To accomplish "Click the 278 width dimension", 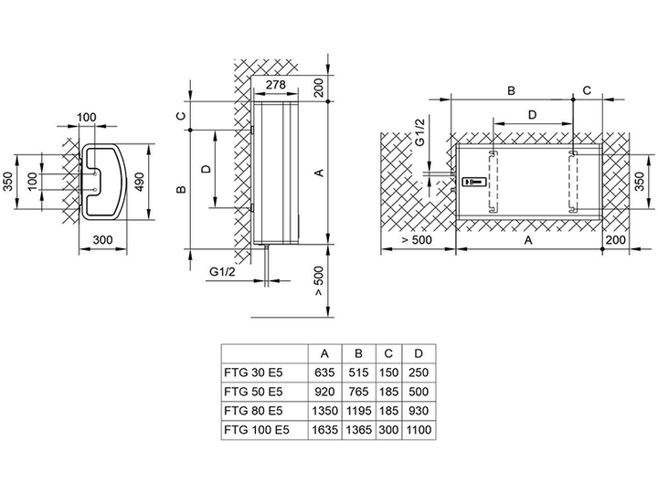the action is pyautogui.click(x=276, y=84).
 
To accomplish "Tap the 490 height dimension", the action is pyautogui.click(x=140, y=182).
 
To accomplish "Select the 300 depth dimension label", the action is pyautogui.click(x=102, y=240).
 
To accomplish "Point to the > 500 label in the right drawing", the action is pyautogui.click(x=417, y=240).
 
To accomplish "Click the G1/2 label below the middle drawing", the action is pyautogui.click(x=222, y=272).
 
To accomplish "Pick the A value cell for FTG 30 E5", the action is pyautogui.click(x=324, y=372).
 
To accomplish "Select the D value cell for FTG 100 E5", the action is pyautogui.click(x=419, y=430).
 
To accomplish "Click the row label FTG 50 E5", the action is pyautogui.click(x=253, y=392).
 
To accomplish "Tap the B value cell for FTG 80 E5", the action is pyautogui.click(x=358, y=411).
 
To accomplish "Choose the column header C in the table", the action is pyautogui.click(x=388, y=354).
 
